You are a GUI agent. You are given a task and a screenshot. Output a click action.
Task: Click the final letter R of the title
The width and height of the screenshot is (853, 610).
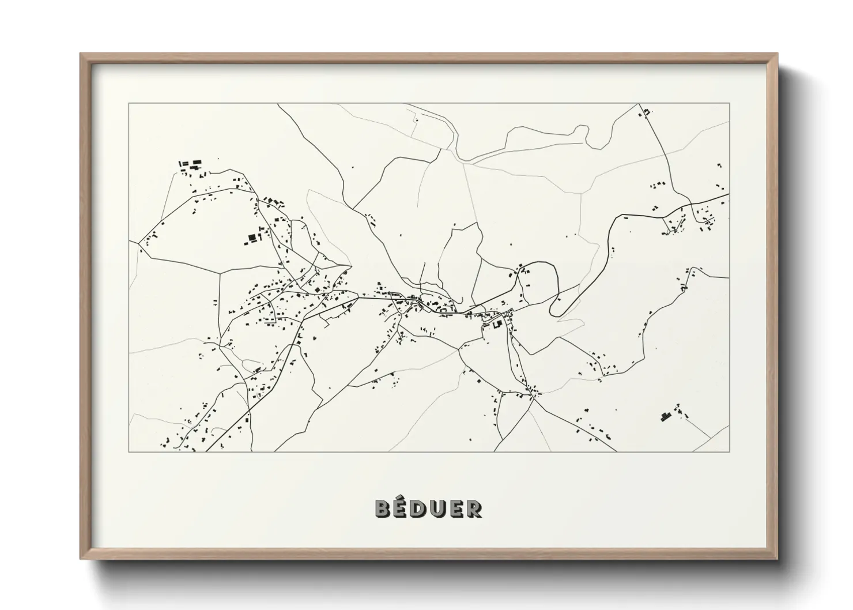474,509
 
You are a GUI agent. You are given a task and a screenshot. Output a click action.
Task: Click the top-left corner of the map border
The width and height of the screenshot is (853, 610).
129,104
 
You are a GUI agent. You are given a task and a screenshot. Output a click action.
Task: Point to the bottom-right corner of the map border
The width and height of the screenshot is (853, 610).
730,451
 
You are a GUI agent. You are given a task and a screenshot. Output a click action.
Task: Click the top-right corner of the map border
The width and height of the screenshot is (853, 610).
730,104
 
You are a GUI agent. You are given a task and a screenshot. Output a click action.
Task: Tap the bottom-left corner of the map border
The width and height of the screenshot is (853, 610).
129,451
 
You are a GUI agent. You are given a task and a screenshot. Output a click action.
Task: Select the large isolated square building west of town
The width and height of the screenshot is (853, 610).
251,238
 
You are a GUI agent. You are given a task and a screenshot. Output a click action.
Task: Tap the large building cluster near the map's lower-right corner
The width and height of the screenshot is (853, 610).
667,416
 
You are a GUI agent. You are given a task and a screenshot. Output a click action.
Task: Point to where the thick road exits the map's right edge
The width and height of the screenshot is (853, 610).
729,194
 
